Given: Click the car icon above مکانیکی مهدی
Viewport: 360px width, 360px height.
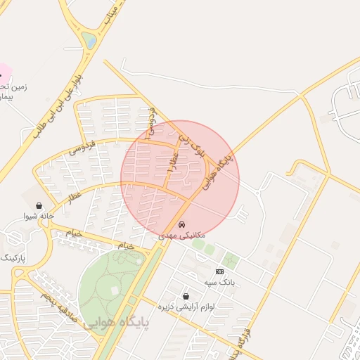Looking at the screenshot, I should [182, 224].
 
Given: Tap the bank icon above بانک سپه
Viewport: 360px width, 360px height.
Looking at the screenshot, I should [219, 271].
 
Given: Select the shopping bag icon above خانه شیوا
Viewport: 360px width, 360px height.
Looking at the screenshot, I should [37, 205].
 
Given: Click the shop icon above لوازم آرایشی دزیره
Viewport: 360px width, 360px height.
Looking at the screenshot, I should [186, 296].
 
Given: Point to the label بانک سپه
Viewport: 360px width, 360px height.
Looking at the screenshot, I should [219, 282].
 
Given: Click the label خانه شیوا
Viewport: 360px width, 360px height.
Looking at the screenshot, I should [38, 216].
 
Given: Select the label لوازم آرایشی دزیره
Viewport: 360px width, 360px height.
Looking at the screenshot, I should [186, 307].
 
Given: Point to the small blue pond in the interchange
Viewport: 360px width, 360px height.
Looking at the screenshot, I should [89, 41].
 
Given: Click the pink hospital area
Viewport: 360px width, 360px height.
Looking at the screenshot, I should [4, 71].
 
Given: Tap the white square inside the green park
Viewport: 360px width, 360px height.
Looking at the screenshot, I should [113, 290].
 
